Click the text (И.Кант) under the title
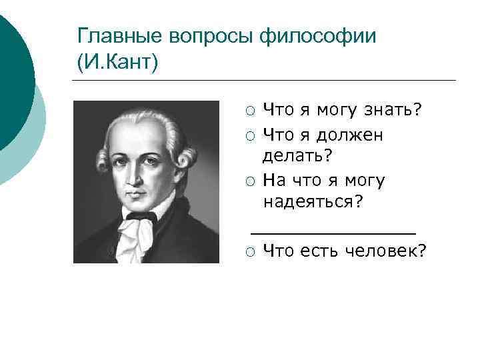pos(118,63)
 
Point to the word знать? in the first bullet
pos(393,109)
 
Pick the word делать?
pos(297,155)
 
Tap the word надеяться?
pos(314,201)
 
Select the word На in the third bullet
pos(273,180)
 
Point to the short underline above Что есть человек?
pos(333,233)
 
